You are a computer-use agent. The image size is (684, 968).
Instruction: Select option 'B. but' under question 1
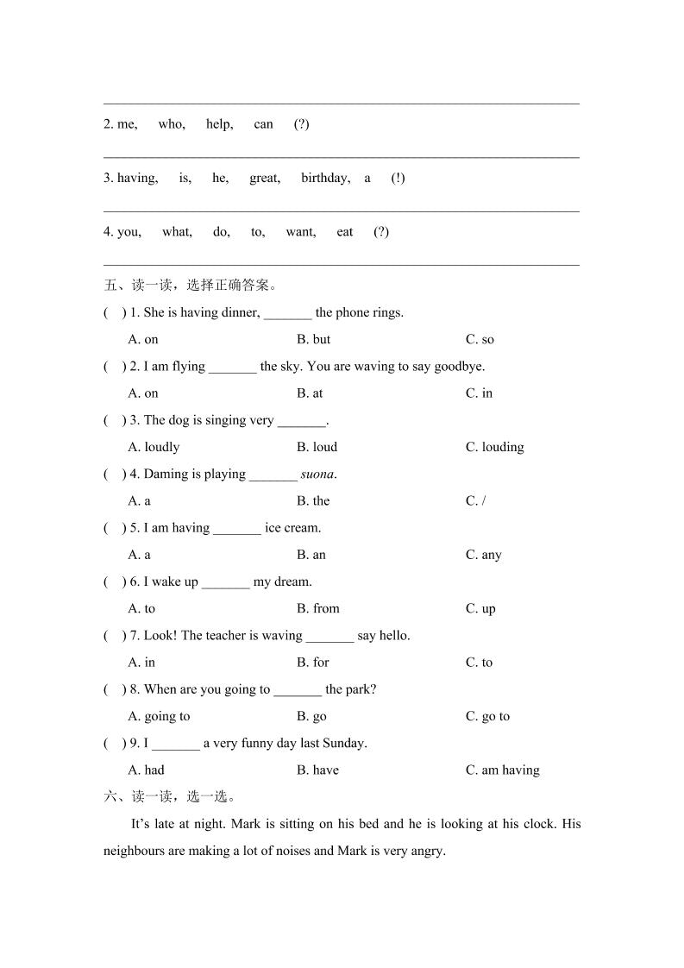(x=313, y=340)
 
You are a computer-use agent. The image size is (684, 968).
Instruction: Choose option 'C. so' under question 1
(x=480, y=340)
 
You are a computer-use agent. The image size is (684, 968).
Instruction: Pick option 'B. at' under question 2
(x=310, y=393)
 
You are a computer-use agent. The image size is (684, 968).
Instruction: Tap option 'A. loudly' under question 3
(x=154, y=447)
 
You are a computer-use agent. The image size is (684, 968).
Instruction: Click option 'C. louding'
(x=494, y=447)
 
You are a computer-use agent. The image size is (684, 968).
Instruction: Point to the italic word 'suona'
(x=317, y=475)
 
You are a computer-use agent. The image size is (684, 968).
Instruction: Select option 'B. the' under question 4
(x=313, y=501)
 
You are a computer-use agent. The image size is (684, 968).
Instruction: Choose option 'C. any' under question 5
(x=483, y=555)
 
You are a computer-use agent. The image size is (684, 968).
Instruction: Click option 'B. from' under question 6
(x=318, y=609)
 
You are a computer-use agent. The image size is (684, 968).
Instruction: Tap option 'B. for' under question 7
(x=313, y=663)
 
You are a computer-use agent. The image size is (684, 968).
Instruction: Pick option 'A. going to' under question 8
(x=159, y=716)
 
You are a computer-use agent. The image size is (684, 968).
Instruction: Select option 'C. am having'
(x=502, y=770)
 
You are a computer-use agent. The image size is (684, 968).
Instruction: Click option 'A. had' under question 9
(x=146, y=770)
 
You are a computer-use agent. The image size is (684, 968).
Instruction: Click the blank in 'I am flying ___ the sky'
(x=232, y=368)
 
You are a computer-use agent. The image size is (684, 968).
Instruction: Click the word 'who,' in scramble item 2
(x=172, y=124)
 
